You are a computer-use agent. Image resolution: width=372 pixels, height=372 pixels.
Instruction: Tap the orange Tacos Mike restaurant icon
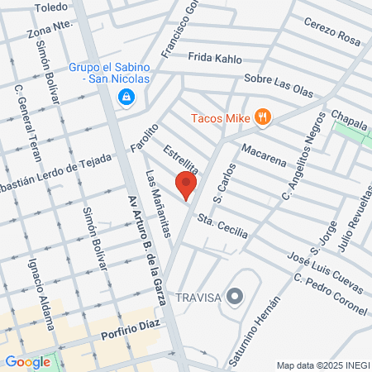click(263, 117)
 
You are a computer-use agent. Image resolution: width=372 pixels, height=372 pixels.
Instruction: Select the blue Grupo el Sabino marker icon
click(126, 98)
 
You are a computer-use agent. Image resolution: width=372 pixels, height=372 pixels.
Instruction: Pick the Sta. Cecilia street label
click(222, 227)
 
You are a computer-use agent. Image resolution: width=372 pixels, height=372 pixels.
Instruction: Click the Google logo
click(28, 361)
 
